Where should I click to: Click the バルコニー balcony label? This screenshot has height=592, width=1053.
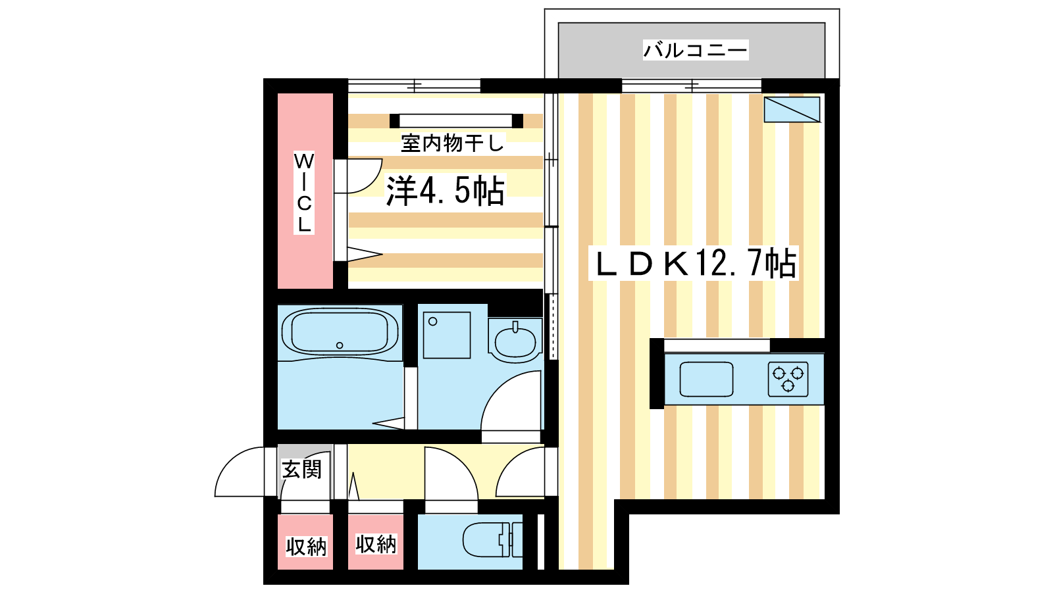coord(695,50)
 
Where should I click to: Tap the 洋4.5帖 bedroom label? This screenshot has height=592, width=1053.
coord(445,190)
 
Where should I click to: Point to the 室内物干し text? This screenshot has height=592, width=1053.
coord(453,143)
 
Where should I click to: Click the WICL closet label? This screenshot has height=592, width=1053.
coord(303,193)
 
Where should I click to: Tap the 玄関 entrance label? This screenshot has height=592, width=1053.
coord(301,470)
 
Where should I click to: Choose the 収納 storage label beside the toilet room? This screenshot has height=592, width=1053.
coord(376,544)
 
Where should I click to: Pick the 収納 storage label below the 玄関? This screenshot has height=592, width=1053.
coord(306,547)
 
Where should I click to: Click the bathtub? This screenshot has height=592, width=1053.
coord(340,332)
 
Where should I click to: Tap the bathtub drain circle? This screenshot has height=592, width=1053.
coord(340,345)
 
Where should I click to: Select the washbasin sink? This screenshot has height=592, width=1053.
coord(515,340)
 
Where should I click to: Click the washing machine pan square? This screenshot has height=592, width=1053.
coord(447,335)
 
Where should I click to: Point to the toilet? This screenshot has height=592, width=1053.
coord(492,540)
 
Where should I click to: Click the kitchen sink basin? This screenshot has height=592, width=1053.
coord(706,379)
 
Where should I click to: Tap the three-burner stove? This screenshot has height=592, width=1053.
coord(788,379)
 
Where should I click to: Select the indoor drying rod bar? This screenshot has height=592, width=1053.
coord(456,121)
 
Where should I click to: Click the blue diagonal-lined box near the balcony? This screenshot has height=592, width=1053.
coord(792,109)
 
